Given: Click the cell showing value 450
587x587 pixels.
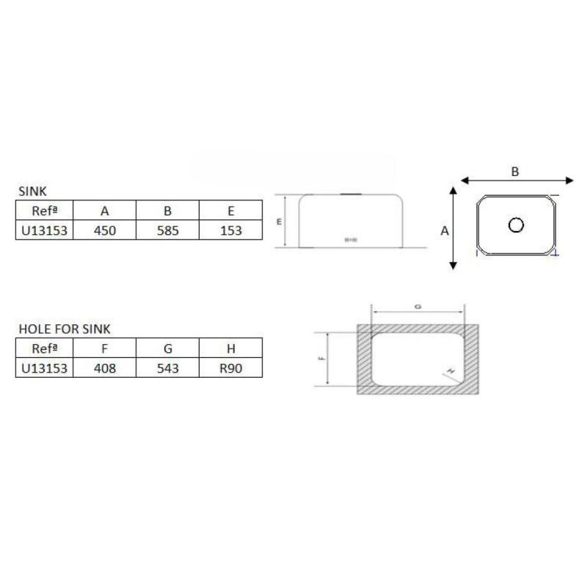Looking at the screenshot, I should coord(105,230).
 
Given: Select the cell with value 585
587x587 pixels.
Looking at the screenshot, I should coord(168,230).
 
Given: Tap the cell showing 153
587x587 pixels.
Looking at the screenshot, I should coord(230,230).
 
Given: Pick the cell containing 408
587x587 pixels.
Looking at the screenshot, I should coord(105,367).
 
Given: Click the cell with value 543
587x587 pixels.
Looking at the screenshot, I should coord(168,367).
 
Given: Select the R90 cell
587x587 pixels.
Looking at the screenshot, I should coord(230,367).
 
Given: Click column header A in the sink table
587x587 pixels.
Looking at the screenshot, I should coord(105,211).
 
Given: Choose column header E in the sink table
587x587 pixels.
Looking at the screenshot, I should coord(230,211).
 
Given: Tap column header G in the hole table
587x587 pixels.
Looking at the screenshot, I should coord(168,347).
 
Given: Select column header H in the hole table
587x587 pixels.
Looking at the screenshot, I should coord(230,347).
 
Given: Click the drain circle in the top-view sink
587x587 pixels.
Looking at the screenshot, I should coord(516,225).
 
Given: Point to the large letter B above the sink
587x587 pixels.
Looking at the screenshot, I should coord(515,171).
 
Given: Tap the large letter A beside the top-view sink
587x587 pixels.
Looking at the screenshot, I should coord(444,230).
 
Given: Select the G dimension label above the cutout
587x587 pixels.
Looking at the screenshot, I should coord(418,307).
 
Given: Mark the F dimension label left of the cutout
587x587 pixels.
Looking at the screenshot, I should coord(324,359).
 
